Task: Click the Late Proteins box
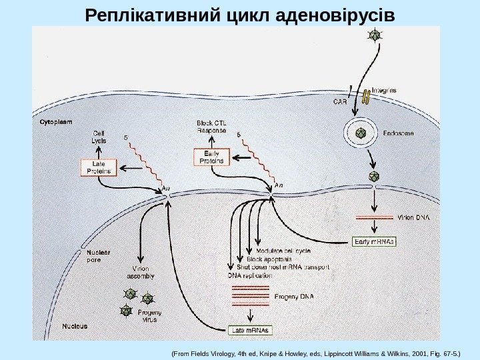coord(99,167)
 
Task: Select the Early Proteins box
coord(210,157)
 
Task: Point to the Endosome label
coord(398,133)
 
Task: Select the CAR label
coord(340,101)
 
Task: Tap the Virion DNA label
coord(414,217)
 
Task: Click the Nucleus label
coord(75,327)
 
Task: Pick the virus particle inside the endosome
coord(361,133)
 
